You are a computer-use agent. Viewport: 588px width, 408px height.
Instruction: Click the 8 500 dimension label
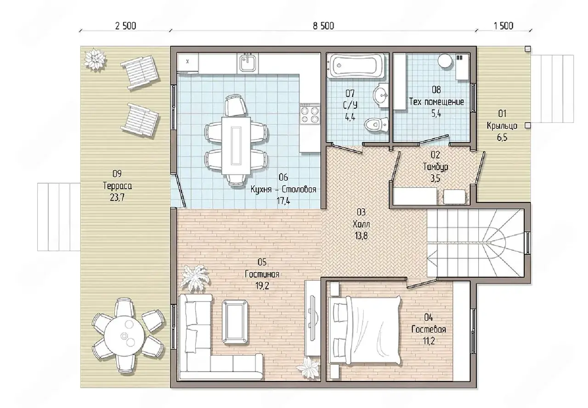coord(323,26)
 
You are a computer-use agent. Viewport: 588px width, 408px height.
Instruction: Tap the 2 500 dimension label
coord(125,26)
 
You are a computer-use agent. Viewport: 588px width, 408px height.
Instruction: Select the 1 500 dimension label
coord(503,26)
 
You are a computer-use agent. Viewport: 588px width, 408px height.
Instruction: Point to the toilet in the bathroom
coord(376,124)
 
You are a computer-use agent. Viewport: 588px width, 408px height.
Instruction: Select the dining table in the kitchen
coord(236,145)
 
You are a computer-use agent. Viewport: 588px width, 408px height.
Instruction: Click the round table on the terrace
coord(124,336)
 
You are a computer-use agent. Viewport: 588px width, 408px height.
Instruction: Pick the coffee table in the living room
coord(235,322)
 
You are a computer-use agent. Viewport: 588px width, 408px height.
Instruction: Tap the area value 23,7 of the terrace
coord(117,197)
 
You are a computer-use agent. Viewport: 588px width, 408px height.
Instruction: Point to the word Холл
coord(361,224)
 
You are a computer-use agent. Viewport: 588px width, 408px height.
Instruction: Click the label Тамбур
coord(435,167)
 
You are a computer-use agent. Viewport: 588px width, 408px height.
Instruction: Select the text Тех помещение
coord(436,102)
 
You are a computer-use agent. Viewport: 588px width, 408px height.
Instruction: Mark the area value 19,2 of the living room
coord(262,286)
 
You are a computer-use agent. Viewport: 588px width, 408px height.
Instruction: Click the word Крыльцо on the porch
coord(502,126)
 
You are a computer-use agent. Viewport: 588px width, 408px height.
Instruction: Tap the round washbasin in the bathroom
coord(380,95)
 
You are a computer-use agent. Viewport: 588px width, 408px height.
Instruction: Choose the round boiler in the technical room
coord(445,61)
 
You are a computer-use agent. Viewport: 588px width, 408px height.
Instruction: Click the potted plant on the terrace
coord(95,59)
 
